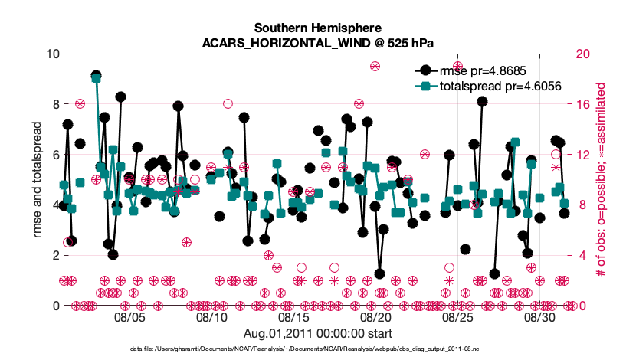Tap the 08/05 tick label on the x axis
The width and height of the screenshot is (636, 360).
point(130,316)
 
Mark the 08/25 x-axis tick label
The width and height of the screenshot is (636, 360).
point(458,316)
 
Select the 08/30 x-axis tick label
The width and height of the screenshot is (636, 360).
point(540,316)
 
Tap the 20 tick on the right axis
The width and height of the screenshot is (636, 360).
point(583,54)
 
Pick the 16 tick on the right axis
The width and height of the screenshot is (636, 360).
point(583,104)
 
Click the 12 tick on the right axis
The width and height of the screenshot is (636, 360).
point(583,155)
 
